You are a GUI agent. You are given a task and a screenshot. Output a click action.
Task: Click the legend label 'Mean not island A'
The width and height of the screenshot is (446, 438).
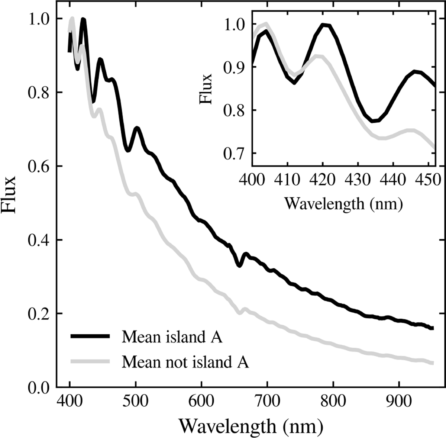[185, 362]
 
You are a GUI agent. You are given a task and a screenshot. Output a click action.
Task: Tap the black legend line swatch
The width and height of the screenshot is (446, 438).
[90, 336]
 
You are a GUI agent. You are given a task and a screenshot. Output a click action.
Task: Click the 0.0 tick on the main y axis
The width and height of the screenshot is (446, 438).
[39, 387]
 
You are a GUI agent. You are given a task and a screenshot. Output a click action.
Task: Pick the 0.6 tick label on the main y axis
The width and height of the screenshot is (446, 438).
[39, 166]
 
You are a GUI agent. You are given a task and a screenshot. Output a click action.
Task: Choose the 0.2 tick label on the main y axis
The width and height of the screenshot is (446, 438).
[39, 314]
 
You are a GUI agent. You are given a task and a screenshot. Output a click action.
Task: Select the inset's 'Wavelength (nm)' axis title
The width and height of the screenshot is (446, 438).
[343, 203]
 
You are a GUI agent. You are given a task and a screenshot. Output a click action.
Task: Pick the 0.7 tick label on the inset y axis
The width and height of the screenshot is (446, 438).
[234, 153]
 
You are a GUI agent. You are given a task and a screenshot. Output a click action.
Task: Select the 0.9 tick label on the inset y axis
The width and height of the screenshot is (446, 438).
[234, 67]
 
